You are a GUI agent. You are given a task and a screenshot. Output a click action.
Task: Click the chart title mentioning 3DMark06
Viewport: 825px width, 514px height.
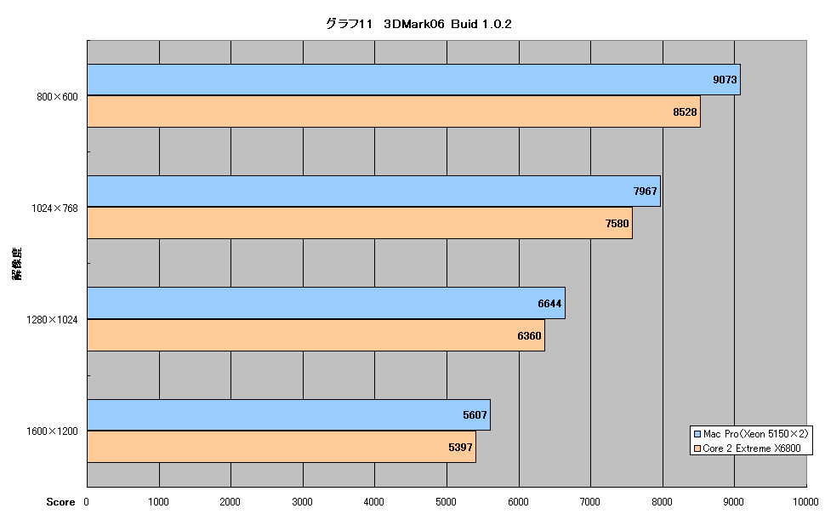tap(418, 24)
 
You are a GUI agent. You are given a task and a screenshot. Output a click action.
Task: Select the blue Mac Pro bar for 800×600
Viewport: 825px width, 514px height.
tap(413, 79)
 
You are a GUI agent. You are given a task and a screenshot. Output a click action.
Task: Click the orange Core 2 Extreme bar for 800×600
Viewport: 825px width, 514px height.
tap(394, 111)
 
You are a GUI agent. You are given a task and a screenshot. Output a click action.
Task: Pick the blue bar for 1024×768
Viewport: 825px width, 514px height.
tap(373, 191)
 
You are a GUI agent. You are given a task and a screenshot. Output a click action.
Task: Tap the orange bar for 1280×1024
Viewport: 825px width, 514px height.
tap(316, 335)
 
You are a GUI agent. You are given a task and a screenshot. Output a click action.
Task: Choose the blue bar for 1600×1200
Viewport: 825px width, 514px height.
tap(289, 415)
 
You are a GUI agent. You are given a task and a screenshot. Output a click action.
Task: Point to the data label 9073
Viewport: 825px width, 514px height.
tap(725, 79)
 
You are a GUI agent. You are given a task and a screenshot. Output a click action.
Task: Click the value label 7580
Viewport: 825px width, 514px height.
tap(617, 223)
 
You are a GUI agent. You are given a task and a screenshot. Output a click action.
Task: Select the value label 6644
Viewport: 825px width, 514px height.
tap(549, 303)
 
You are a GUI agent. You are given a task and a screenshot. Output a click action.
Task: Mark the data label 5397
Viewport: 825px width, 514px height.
tap(460, 447)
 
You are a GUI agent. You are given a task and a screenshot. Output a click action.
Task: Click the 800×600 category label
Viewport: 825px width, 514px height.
tap(57, 97)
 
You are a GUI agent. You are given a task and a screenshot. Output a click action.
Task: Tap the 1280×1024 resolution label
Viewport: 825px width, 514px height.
tap(52, 320)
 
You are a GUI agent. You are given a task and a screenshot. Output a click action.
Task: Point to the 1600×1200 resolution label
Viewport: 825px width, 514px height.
tap(52, 431)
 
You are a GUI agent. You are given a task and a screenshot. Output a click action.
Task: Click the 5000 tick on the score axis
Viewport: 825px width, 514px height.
tap(446, 502)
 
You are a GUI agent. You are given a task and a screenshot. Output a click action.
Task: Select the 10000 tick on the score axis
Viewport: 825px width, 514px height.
tap(805, 502)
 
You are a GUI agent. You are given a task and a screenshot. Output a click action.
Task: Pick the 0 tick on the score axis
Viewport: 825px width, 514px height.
tap(86, 502)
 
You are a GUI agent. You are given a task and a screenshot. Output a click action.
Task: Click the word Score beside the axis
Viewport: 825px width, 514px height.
tap(60, 502)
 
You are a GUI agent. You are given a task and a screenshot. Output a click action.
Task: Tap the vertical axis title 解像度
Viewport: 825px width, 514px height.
tap(17, 263)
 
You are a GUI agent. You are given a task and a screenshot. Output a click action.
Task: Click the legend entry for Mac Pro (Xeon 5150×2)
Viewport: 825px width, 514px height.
tap(751, 434)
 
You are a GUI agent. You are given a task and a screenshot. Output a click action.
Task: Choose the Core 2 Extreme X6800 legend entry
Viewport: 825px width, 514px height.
tap(747, 448)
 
